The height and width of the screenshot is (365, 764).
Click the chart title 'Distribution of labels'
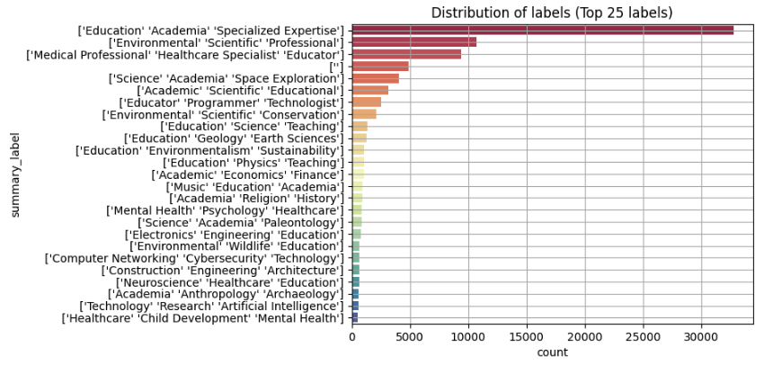click(552, 13)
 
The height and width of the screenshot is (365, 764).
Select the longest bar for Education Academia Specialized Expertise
click(542, 31)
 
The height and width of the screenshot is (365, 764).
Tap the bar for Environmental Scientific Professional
click(413, 42)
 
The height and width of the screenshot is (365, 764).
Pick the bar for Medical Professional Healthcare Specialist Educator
click(406, 54)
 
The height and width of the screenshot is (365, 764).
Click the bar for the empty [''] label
click(379, 67)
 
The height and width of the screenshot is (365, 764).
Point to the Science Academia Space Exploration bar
click(375, 78)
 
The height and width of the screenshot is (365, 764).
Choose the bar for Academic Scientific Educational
click(369, 90)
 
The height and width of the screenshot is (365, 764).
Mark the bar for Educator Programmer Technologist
click(366, 102)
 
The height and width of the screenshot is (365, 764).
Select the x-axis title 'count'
click(552, 352)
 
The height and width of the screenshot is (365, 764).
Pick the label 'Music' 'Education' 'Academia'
click(255, 186)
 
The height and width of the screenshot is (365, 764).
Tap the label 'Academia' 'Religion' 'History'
click(256, 198)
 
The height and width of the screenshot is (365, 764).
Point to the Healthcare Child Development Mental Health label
click(203, 317)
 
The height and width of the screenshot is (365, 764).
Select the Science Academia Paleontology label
click(241, 222)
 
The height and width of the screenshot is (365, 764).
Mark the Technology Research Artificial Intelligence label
click(211, 306)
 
